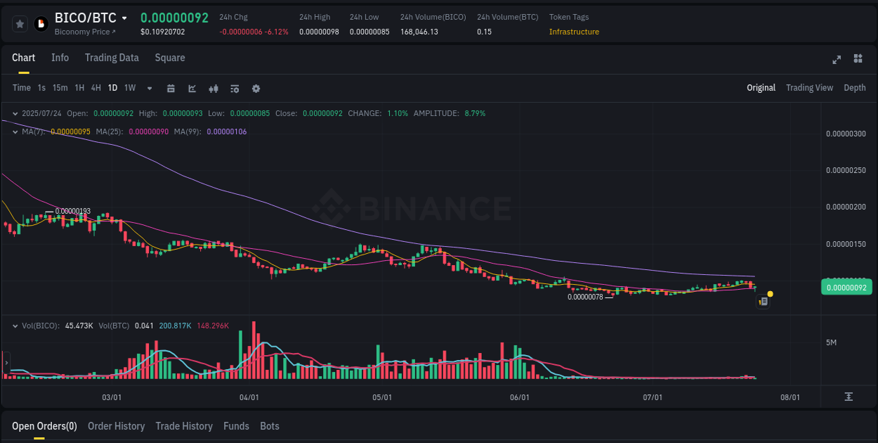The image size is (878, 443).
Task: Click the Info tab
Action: pyautogui.click(x=60, y=58)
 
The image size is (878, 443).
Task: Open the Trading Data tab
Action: pyautogui.click(x=112, y=58)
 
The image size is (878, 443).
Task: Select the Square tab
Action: pyautogui.click(x=170, y=58)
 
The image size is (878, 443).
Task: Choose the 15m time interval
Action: pyautogui.click(x=60, y=88)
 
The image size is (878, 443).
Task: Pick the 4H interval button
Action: pyautogui.click(x=96, y=88)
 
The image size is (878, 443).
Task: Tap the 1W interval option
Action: pyautogui.click(x=130, y=88)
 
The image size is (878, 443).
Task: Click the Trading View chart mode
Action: pyautogui.click(x=809, y=88)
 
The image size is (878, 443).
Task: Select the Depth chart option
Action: pyautogui.click(x=854, y=88)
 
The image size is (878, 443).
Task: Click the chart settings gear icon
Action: pyautogui.click(x=256, y=89)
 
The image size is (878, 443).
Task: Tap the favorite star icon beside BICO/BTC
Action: pyautogui.click(x=20, y=24)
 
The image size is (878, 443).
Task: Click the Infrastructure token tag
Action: pyautogui.click(x=574, y=32)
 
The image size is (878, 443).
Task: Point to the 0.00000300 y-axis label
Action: pyautogui.click(x=846, y=134)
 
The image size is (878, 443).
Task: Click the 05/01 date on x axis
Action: pyautogui.click(x=381, y=397)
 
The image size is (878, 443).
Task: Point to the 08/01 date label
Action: pyautogui.click(x=790, y=397)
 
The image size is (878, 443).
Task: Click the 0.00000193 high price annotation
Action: pyautogui.click(x=72, y=211)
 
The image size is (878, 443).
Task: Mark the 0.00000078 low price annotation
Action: pyautogui.click(x=585, y=297)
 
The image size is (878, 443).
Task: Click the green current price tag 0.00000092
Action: pyautogui.click(x=846, y=287)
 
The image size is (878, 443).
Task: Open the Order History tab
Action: pyautogui.click(x=116, y=426)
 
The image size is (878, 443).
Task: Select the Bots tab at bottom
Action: pyautogui.click(x=269, y=426)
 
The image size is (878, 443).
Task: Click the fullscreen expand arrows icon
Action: pyautogui.click(x=836, y=59)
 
